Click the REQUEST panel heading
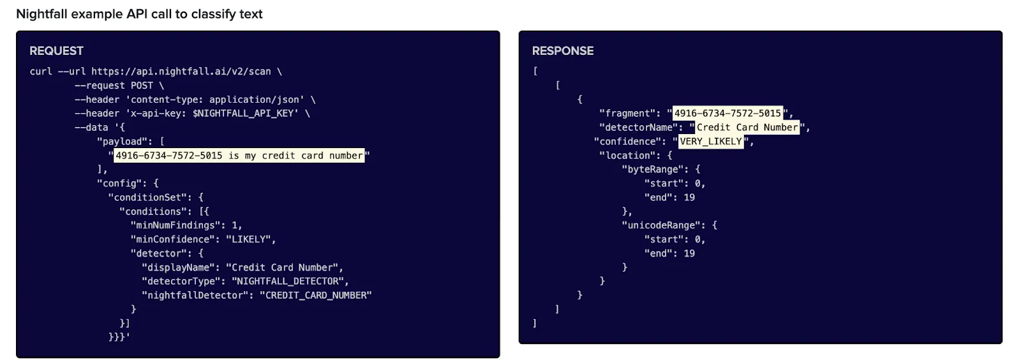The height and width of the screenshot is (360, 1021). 56,51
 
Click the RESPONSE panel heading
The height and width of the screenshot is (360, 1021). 562,51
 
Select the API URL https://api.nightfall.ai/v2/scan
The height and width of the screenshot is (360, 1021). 181,71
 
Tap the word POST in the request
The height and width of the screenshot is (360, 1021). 142,86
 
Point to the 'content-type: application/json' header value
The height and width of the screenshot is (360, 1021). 217,100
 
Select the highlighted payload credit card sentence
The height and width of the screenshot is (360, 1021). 239,156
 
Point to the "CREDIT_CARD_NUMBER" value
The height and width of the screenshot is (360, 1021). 315,296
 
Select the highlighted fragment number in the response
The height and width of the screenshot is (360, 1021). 727,114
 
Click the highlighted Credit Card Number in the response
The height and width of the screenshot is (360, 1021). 747,128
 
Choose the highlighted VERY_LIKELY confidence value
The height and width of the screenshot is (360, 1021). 710,142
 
